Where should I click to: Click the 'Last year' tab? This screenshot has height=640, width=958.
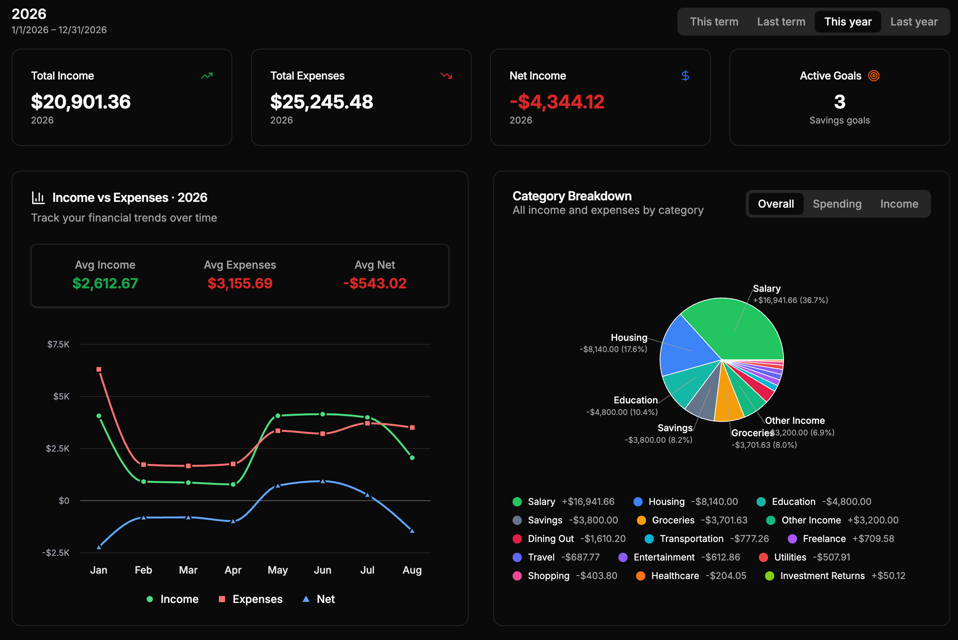pyautogui.click(x=914, y=22)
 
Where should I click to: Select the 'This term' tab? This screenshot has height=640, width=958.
pyautogui.click(x=714, y=22)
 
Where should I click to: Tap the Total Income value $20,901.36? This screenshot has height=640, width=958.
pyautogui.click(x=81, y=102)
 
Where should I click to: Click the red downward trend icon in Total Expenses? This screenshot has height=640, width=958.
pyautogui.click(x=446, y=76)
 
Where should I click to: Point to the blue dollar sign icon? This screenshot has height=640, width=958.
pyautogui.click(x=685, y=76)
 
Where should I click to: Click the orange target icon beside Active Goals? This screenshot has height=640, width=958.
pyautogui.click(x=874, y=76)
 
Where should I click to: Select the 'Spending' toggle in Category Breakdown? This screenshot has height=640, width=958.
pyautogui.click(x=837, y=204)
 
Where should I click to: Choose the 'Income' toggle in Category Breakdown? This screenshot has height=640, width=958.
pyautogui.click(x=899, y=204)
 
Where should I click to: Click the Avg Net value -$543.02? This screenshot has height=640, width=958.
pyautogui.click(x=375, y=283)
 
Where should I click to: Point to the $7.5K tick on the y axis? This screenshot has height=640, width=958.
pyautogui.click(x=58, y=344)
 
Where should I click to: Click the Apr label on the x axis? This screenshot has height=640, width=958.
pyautogui.click(x=233, y=570)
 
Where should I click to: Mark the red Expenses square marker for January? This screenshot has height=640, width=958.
pyautogui.click(x=99, y=369)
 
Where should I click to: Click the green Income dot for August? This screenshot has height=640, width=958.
pyautogui.click(x=412, y=457)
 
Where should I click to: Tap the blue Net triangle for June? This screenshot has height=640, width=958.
pyautogui.click(x=323, y=481)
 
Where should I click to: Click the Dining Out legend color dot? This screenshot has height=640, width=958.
pyautogui.click(x=517, y=539)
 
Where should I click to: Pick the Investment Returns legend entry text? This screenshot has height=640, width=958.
pyautogui.click(x=823, y=576)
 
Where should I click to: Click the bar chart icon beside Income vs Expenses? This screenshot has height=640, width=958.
pyautogui.click(x=38, y=198)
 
